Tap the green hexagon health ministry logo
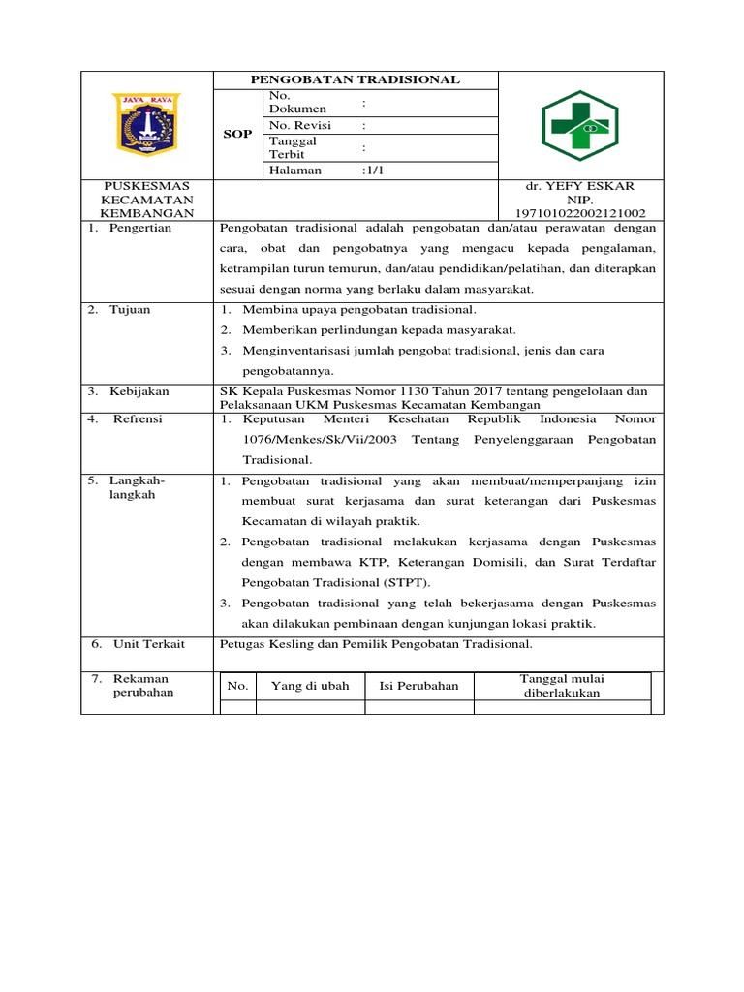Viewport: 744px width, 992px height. [x=580, y=125]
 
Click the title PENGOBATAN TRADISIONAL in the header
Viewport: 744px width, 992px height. [x=356, y=80]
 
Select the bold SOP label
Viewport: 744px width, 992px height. [x=238, y=133]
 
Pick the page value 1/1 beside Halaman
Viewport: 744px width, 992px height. [x=373, y=170]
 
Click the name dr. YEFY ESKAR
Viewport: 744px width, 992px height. [x=579, y=186]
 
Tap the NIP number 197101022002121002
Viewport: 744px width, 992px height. [x=580, y=213]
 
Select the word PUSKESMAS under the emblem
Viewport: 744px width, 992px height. [x=146, y=186]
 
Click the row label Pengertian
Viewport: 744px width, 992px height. [x=139, y=228]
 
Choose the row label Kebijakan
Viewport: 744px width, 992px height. [x=139, y=391]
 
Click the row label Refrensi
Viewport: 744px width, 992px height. [x=138, y=419]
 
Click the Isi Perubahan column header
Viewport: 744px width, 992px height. [x=418, y=686]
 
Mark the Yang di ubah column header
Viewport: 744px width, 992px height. [x=310, y=686]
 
